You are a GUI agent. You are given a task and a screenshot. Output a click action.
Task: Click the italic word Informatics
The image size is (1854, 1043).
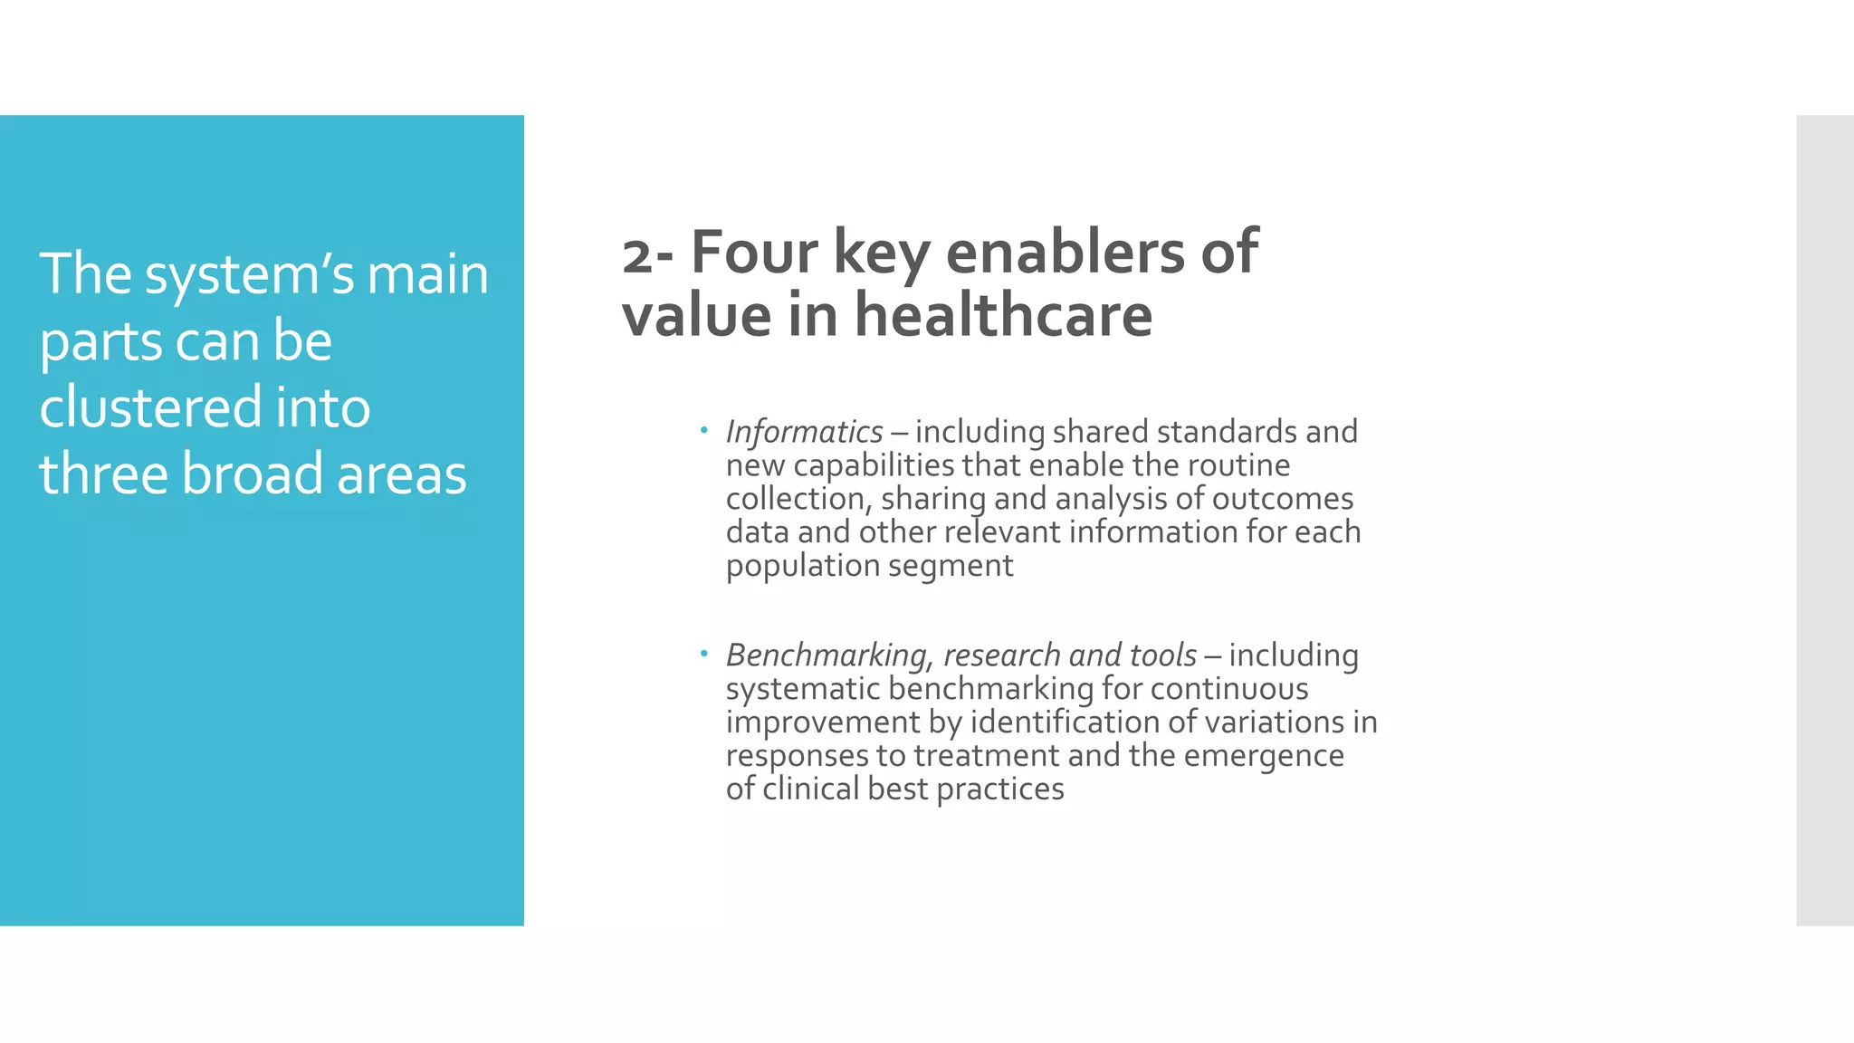point(804,433)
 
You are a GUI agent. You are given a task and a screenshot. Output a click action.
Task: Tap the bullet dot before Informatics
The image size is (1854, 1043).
point(703,429)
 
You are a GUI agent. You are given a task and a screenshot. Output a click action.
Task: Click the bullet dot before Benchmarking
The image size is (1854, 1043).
point(703,653)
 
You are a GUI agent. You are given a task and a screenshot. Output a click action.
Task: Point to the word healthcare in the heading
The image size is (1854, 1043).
point(1003,315)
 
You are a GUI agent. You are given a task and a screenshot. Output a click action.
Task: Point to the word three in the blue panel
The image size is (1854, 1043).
point(102,474)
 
